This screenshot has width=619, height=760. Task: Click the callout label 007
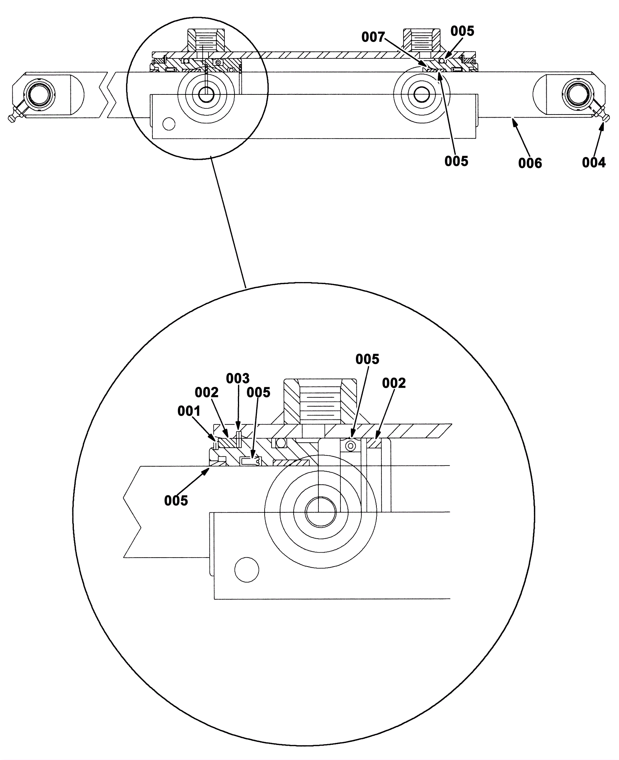click(373, 37)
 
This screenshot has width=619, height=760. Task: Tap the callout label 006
click(530, 163)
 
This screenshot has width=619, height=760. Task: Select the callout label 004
click(594, 163)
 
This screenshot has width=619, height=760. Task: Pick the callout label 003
click(238, 378)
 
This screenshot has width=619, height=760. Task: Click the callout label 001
click(189, 411)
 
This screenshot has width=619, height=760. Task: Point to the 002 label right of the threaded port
click(394, 383)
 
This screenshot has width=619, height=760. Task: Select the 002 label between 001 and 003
click(207, 392)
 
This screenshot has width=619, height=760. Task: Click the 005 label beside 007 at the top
click(462, 31)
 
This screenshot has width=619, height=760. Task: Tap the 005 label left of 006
click(457, 161)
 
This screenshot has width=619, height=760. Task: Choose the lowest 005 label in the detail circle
click(176, 500)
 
